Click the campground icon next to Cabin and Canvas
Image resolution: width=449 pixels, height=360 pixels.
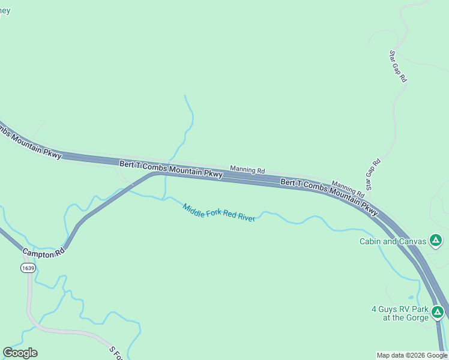pos(436,241)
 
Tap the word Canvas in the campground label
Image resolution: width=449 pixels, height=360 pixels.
pos(410,242)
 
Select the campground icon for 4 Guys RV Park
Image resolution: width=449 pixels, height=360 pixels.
pos(438,313)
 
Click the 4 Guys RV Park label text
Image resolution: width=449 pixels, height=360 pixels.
pos(400,310)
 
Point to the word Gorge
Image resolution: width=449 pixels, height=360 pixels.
pos(417,318)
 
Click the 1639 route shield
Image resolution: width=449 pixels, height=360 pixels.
pos(27,267)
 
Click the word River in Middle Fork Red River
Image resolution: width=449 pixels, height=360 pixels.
pos(247,217)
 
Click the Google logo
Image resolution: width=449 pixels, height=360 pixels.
pos(20,353)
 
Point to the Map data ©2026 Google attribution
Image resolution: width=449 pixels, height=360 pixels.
pos(412,355)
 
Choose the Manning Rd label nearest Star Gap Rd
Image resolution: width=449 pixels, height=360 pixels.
pos(348,190)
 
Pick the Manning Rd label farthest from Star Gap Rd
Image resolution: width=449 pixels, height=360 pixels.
pos(248,170)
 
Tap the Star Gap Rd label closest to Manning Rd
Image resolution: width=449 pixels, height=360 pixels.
pos(373,175)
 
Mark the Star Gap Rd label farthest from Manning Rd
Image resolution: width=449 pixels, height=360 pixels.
pos(398,66)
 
